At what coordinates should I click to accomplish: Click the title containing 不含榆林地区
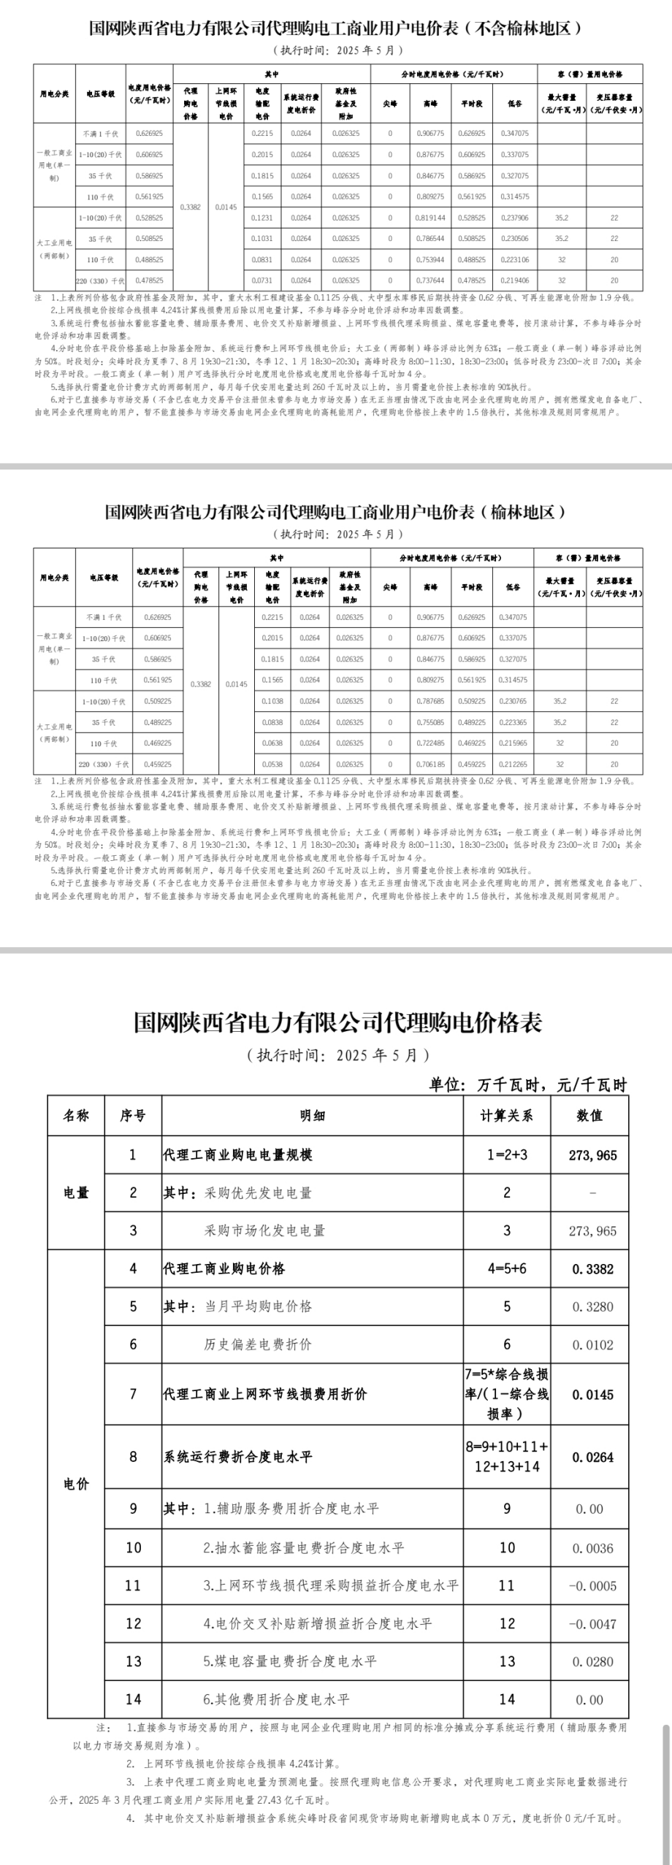pos(335,28)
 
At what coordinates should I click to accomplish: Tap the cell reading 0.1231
pos(261,218)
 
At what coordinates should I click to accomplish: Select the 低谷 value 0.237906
pos(515,218)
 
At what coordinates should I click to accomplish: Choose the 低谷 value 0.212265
pos(515,764)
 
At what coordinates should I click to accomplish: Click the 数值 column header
pos(589,1116)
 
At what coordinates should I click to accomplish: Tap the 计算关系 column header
pos(506,1116)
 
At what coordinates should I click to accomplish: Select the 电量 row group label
pos(76,1192)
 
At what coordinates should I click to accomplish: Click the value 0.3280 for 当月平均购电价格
pos(592,1306)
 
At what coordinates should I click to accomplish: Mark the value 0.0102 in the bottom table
pos(592,1344)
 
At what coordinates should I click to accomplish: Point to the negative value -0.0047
pos(592,1624)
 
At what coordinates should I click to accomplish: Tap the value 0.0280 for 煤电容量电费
pos(592,1661)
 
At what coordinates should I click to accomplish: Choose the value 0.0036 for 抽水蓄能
pos(592,1548)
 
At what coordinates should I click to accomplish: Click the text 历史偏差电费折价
pos(258,1344)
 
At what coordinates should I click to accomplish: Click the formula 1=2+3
pos(506,1155)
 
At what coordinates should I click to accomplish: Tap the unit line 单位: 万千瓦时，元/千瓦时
pos(527,1084)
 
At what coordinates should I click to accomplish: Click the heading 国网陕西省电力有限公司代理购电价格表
pos(337,1022)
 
